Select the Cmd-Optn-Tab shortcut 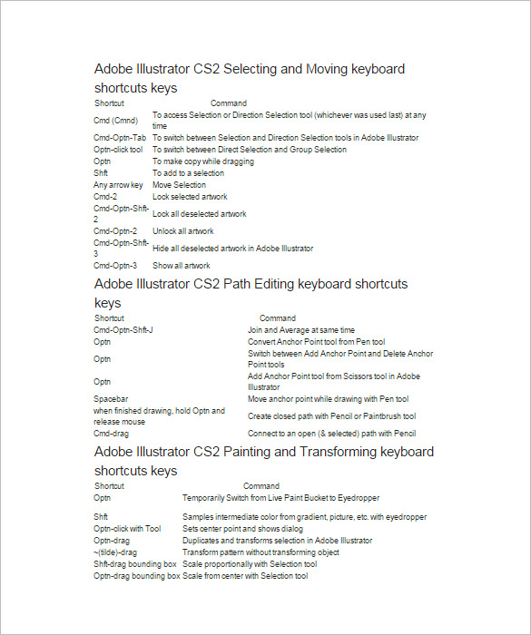[120, 138]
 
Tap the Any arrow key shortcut [118, 185]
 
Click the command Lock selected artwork [190, 197]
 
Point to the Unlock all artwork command [183, 231]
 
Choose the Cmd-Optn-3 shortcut [115, 266]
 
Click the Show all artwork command [182, 266]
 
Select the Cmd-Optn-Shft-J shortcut [123, 330]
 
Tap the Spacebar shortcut [111, 399]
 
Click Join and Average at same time [301, 330]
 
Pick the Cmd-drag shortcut [111, 434]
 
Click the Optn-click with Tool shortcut [127, 529]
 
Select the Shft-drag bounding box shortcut [135, 564]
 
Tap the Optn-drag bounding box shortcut [136, 576]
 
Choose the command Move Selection [180, 185]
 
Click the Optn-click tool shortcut [118, 150]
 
